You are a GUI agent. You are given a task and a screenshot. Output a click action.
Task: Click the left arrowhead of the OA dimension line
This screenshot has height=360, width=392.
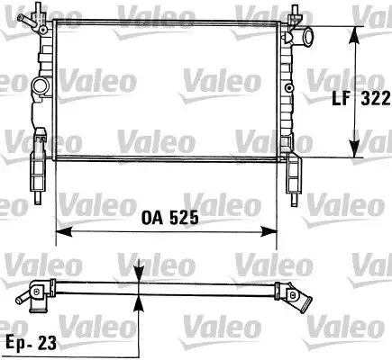tap(62, 232)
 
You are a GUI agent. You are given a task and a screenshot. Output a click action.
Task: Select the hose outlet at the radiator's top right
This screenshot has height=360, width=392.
tap(307, 39)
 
